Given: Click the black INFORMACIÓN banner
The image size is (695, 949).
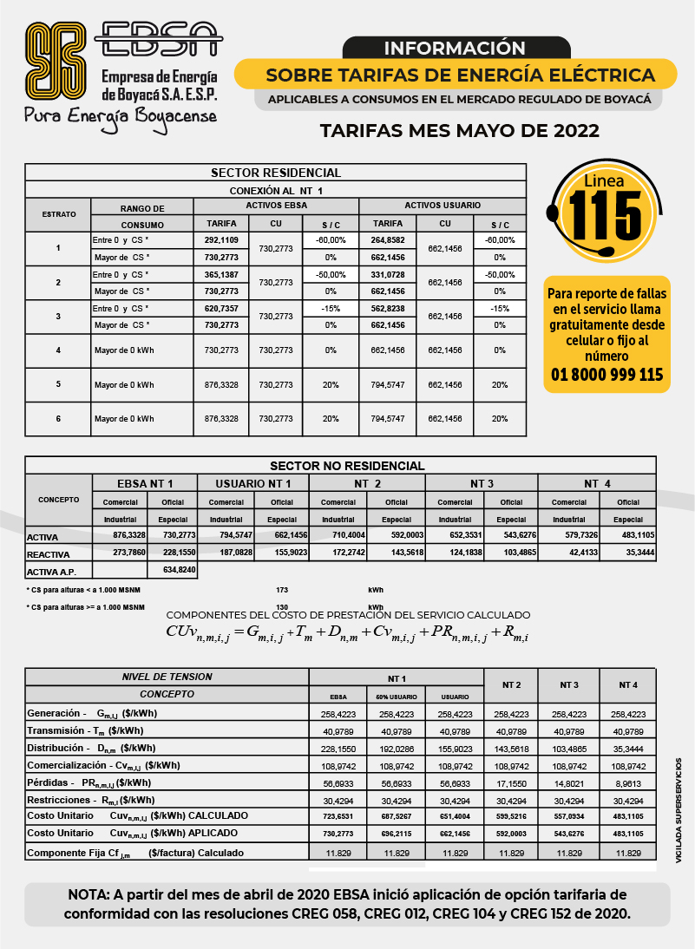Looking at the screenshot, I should click(455, 48).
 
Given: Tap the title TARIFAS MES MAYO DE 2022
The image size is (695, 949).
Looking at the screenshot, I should click(459, 131).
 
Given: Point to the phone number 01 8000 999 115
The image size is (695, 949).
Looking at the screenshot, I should click(607, 375).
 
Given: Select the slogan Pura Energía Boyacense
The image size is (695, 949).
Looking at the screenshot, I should click(120, 115).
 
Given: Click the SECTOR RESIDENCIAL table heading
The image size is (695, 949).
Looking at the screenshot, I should click(276, 173).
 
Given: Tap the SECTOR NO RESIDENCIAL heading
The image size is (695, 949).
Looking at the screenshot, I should click(347, 466).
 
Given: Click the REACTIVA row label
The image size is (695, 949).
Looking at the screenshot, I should click(49, 553).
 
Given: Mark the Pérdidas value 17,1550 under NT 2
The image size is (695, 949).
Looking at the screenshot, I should click(511, 782).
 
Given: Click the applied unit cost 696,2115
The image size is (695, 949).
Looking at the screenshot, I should click(396, 833).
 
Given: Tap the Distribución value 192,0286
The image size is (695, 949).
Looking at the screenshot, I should click(396, 748).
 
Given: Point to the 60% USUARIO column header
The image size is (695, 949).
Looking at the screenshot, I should click(396, 697).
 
